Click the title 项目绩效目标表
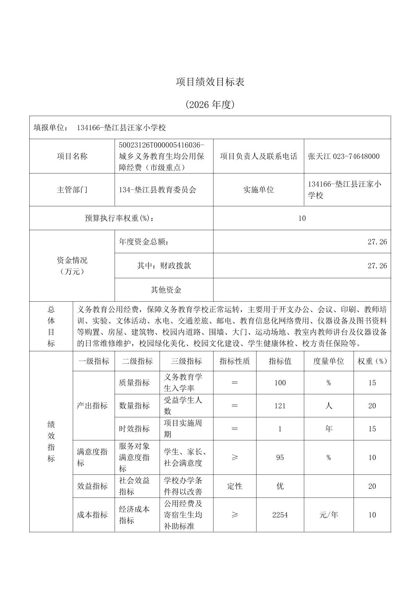(x=210, y=82)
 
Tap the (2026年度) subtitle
(x=210, y=105)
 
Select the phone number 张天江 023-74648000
(x=344, y=156)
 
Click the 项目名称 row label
(x=72, y=156)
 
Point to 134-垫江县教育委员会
(x=158, y=190)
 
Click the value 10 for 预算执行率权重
(x=302, y=218)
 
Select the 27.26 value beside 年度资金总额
(x=377, y=242)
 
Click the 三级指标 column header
(x=187, y=361)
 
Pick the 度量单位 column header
(x=328, y=361)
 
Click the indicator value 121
(x=280, y=406)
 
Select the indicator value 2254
(x=280, y=515)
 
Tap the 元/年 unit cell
(x=328, y=515)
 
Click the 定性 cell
(x=235, y=486)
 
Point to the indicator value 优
(x=280, y=486)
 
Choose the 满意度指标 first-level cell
(x=93, y=458)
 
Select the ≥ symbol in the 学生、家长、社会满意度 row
(x=235, y=458)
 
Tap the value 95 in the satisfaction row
(x=280, y=458)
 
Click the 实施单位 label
(x=258, y=190)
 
